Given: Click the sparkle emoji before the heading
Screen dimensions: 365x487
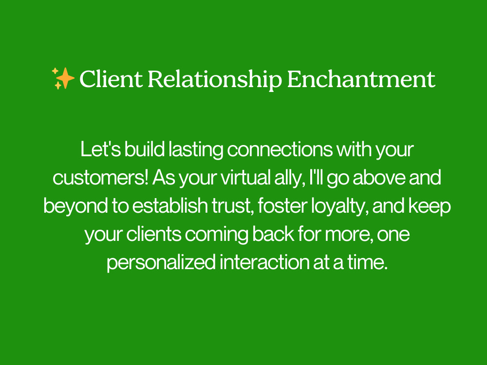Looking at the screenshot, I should coord(63,78).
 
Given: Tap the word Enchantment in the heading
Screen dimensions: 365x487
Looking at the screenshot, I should coord(361,79).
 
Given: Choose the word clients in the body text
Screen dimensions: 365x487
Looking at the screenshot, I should coord(153,235).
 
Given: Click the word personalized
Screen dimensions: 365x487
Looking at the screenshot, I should coord(161,263).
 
